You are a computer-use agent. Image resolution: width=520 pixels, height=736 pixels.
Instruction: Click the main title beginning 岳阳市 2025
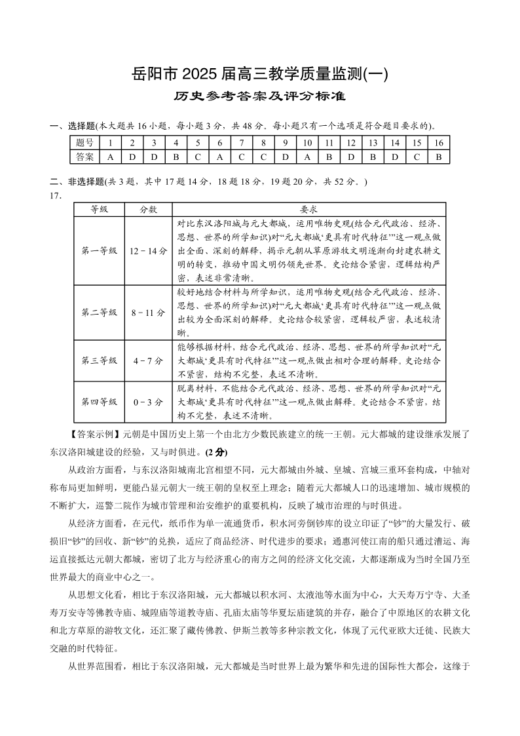click(259, 74)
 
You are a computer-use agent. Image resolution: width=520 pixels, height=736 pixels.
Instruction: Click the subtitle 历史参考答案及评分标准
click(259, 96)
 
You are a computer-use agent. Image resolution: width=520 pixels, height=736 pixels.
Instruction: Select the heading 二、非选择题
click(73, 182)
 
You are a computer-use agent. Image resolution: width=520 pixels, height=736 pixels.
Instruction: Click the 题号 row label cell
click(84, 143)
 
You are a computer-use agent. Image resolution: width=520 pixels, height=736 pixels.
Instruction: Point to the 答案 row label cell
click(84, 157)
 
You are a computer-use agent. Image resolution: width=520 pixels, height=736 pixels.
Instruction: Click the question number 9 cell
click(286, 143)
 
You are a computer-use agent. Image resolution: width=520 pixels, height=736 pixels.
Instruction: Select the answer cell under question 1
click(111, 157)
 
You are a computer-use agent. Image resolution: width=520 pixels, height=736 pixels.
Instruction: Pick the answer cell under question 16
click(439, 157)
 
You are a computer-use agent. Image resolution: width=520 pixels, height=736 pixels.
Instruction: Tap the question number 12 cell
click(351, 143)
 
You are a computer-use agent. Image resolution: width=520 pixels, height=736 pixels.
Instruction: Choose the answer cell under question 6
click(220, 157)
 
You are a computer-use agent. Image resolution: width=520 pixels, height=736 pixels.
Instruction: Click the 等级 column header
click(99, 210)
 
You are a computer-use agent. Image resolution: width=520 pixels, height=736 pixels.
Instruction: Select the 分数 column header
click(148, 210)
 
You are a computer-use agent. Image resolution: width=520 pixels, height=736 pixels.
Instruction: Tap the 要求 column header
click(308, 210)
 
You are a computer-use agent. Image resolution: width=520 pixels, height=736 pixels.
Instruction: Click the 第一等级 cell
click(99, 250)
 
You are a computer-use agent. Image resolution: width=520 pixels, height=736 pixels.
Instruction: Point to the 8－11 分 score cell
click(148, 313)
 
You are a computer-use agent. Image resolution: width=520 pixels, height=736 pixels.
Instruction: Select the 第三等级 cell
click(99, 360)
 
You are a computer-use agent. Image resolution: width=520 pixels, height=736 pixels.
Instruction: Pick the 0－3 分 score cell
click(148, 402)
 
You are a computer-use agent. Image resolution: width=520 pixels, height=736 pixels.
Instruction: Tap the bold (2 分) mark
click(216, 452)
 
